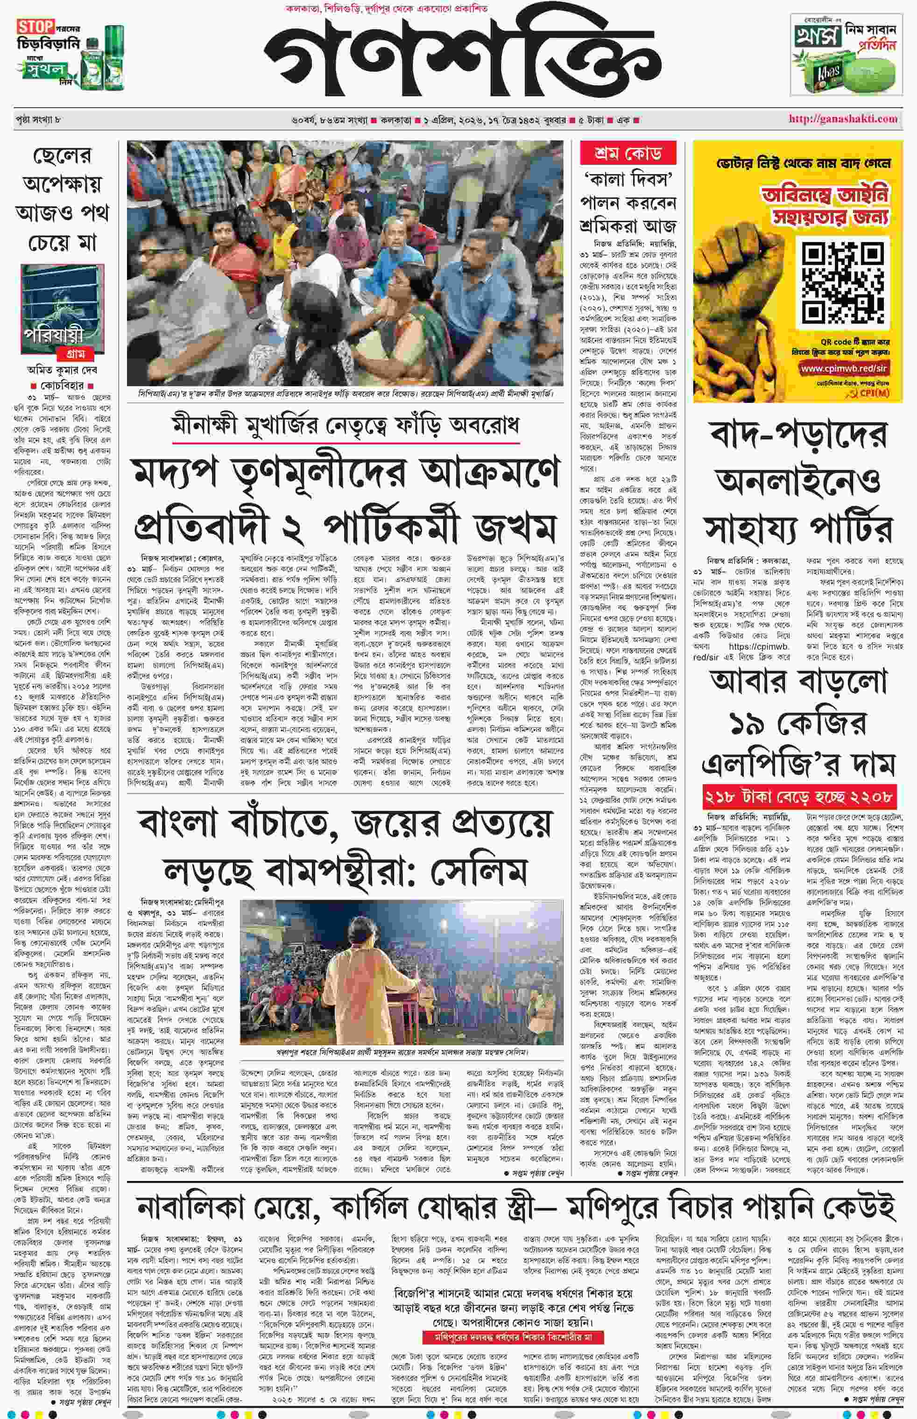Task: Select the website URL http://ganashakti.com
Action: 843,119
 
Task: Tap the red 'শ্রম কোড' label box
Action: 628,154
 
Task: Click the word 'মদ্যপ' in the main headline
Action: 182,474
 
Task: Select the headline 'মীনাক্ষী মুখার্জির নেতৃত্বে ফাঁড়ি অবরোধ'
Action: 345,425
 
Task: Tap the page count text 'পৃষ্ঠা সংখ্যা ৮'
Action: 39,119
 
